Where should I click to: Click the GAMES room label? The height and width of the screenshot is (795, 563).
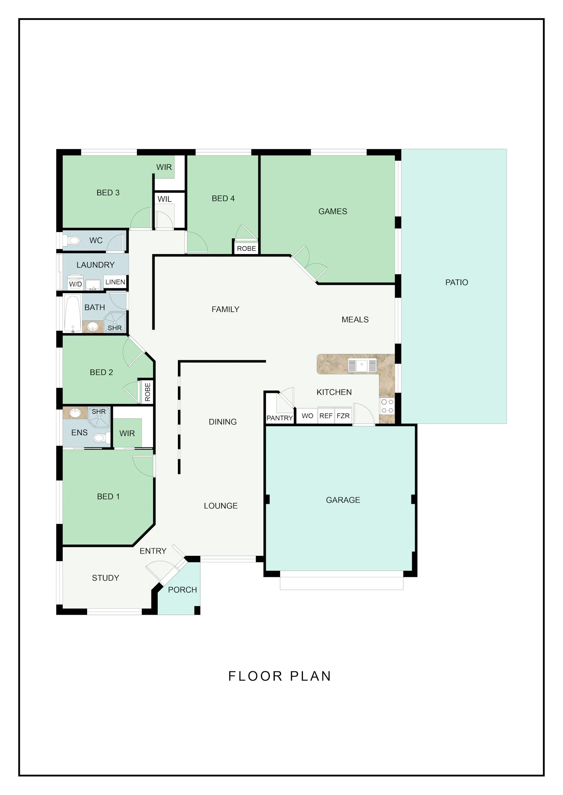333,211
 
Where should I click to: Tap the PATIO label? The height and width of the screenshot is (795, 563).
456,282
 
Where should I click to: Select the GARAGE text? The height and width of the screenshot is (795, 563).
343,500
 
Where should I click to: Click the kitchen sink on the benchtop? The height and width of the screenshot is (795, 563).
362,365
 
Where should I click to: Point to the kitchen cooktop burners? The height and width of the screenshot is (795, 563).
387,406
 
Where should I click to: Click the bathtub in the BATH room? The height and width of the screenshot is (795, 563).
72,313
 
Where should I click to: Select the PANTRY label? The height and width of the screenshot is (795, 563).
280,418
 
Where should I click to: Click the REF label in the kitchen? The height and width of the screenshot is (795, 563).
326,416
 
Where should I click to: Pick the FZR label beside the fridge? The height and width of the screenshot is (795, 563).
343,416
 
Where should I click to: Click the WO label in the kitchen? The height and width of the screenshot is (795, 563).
307,416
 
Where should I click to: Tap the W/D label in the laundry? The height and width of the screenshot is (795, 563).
75,284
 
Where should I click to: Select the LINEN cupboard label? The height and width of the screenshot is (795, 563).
115,282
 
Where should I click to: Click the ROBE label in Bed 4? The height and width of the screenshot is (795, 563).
246,249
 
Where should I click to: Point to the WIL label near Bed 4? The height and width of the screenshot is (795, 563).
164,199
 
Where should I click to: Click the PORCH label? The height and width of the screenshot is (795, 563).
182,590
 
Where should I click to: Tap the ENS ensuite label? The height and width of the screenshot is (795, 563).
79,433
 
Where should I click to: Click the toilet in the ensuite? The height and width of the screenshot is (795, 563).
101,437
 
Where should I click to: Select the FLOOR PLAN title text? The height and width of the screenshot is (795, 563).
280,676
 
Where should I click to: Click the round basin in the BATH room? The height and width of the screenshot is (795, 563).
93,327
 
